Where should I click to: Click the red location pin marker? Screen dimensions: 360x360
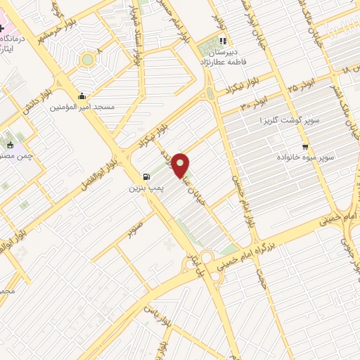[182, 165]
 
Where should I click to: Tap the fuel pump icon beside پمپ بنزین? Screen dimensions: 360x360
[146, 176]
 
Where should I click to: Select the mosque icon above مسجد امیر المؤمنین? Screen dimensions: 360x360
[82, 96]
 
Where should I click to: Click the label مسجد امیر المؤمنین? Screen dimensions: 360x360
[82, 108]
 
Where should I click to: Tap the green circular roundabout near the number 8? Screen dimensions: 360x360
[87, 60]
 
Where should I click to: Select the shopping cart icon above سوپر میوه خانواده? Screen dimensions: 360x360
[304, 146]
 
